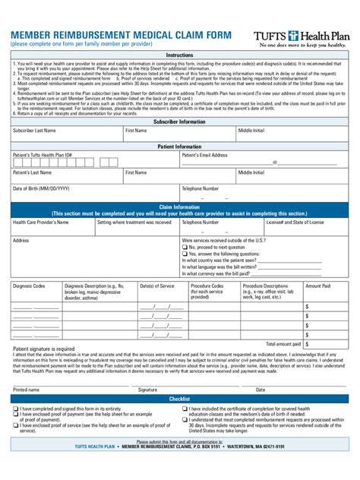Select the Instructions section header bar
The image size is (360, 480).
(179, 55)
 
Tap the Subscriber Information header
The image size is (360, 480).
(179, 122)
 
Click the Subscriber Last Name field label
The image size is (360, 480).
(34, 131)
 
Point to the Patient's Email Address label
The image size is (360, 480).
(204, 155)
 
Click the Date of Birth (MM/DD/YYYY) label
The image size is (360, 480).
(41, 188)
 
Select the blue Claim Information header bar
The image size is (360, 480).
(179, 210)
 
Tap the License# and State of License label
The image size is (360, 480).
(295, 223)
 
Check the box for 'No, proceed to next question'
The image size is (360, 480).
(185, 247)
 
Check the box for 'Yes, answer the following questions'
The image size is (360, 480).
(185, 254)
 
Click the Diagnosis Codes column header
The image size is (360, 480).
(29, 286)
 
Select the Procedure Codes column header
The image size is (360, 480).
(207, 286)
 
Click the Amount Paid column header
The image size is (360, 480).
(317, 286)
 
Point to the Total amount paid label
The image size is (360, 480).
(285, 344)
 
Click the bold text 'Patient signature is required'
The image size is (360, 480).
(43, 349)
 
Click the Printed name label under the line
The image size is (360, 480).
(26, 389)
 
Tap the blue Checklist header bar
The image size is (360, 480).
(179, 398)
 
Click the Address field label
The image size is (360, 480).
(21, 240)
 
